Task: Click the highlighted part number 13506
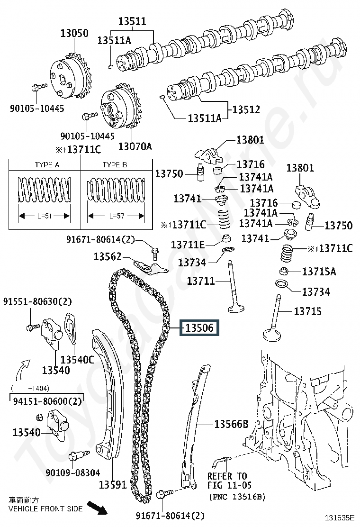(x=199, y=327)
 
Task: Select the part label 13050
(x=74, y=33)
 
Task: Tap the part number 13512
(x=246, y=109)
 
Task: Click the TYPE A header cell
(x=47, y=165)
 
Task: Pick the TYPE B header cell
(x=115, y=165)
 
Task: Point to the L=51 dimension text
(x=45, y=216)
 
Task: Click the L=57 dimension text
(x=117, y=216)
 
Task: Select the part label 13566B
(x=231, y=424)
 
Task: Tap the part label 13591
(x=113, y=485)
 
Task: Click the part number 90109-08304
(x=73, y=473)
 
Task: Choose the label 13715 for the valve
(x=307, y=311)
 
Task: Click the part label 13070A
(x=135, y=146)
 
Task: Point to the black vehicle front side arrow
(x=98, y=508)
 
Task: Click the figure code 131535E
(x=340, y=518)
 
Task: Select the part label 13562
(x=108, y=257)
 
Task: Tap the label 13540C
(x=77, y=360)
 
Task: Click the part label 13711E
(x=188, y=245)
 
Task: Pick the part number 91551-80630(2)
(x=37, y=301)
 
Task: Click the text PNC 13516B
(x=237, y=496)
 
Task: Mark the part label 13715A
(x=319, y=272)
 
